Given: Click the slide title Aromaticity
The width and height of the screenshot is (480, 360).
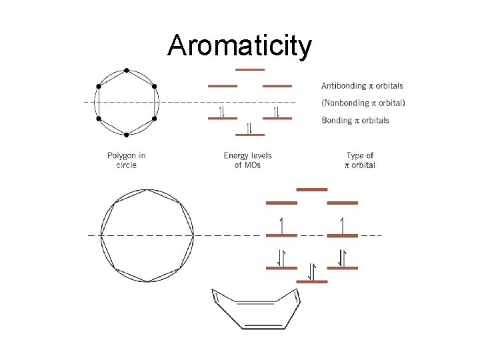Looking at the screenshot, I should tap(239, 46).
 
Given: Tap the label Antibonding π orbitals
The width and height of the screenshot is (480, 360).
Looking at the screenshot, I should tap(362, 86).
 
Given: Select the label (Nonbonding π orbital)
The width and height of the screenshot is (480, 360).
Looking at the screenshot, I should tap(363, 103).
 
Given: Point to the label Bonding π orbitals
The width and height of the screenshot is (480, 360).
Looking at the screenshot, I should tap(355, 121).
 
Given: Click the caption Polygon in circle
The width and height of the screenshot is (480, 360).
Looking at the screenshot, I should tap(126, 160).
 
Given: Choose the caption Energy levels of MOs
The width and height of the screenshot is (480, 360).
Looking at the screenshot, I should tap(248, 160).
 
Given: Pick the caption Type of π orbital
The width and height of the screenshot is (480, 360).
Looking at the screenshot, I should tap(360, 160).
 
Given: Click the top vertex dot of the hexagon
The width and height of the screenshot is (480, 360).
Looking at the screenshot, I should tap(127, 70).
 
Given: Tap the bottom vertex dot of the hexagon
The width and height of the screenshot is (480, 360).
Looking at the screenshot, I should tap(127, 135).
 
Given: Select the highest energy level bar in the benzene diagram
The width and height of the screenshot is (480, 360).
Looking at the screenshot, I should tap(250, 69).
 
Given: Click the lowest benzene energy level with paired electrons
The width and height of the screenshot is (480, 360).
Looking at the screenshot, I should tap(250, 134).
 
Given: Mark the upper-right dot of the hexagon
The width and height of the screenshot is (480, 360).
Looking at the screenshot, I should tap(154, 86).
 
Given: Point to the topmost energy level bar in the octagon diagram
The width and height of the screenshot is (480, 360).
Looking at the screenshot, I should tap(312, 189).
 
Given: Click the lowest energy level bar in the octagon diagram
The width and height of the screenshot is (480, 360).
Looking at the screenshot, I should tap(312, 281).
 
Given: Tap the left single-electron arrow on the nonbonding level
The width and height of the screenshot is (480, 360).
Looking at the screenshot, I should tap(282, 225).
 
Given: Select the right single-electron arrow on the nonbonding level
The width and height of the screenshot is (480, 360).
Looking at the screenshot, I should tap(343, 225).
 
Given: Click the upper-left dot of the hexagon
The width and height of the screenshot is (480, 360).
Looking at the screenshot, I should tap(99, 86).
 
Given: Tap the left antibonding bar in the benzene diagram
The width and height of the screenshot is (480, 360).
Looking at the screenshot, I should tap(223, 86).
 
